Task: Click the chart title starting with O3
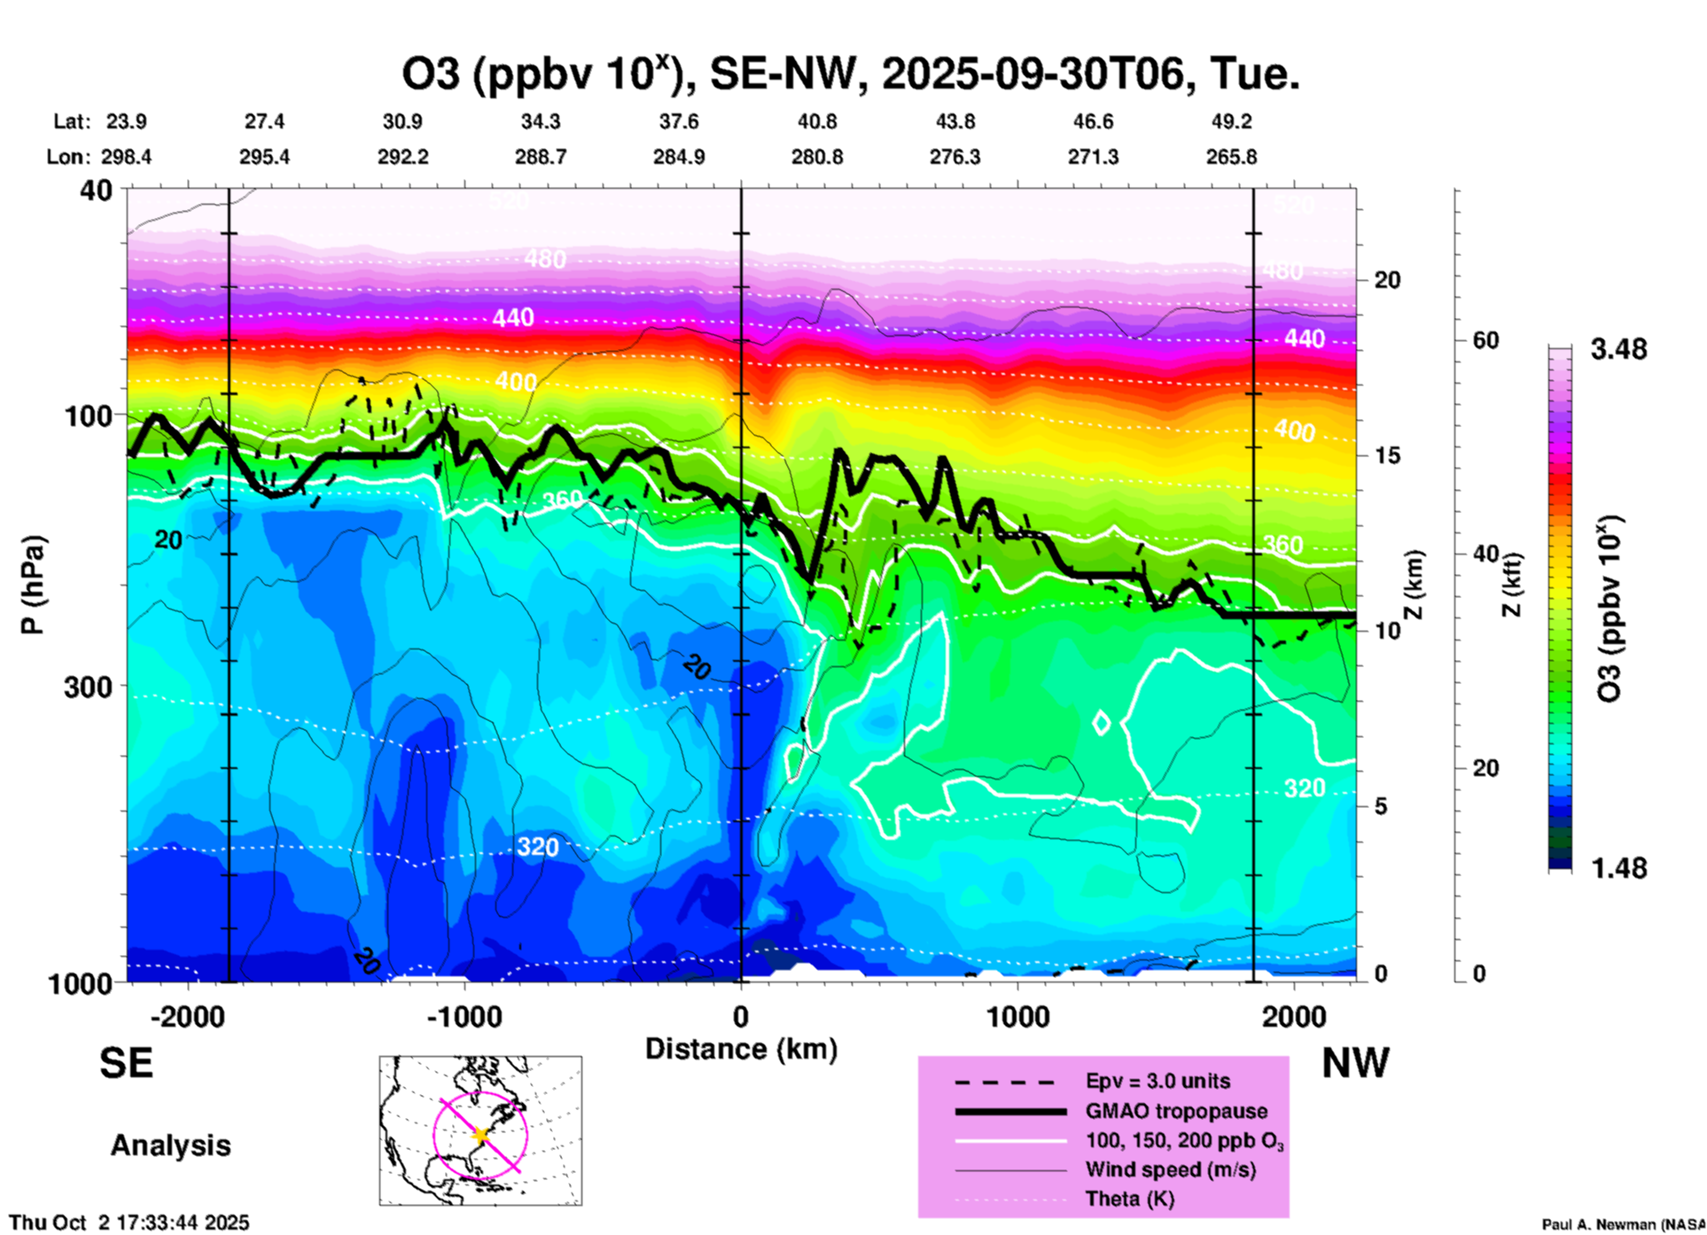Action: (x=851, y=74)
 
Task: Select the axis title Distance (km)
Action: (x=741, y=1049)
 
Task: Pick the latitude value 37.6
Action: (x=679, y=121)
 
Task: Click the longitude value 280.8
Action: (x=817, y=158)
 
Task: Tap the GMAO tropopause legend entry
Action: (x=1176, y=1111)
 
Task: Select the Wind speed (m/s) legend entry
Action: (x=1170, y=1169)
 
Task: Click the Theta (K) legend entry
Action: (x=1129, y=1199)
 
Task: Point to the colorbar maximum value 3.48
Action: (x=1618, y=350)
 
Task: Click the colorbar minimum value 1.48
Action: (x=1618, y=868)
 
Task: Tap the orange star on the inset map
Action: (x=480, y=1135)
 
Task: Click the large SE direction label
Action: (x=126, y=1063)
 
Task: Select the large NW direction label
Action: (x=1355, y=1063)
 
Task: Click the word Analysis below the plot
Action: (x=170, y=1146)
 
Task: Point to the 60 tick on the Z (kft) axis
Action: (x=1485, y=341)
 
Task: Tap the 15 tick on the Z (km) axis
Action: (x=1388, y=455)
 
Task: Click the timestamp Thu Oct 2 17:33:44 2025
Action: (x=129, y=1223)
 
